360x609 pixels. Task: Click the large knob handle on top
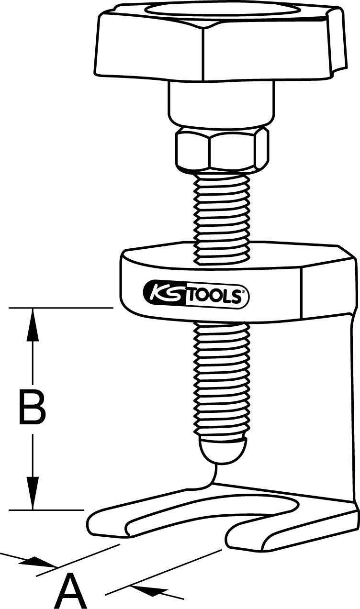coord(220,45)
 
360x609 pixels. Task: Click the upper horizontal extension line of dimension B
coord(62,308)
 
